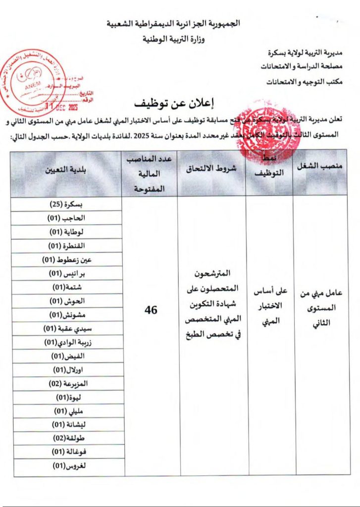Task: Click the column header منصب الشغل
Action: [319, 167]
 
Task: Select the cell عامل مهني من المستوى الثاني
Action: [320, 307]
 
